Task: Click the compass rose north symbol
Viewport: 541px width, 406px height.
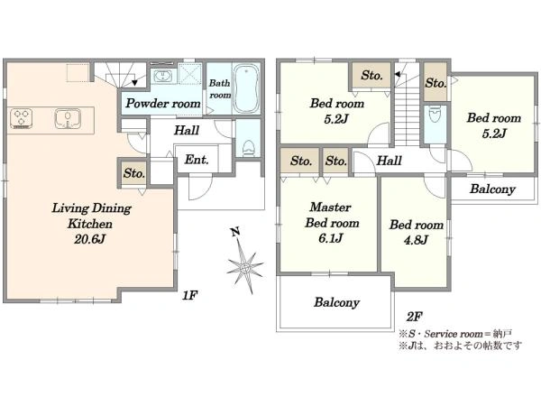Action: coord(244,262)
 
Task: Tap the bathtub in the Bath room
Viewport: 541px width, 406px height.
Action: coord(246,88)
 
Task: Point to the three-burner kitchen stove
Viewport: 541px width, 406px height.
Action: coord(22,118)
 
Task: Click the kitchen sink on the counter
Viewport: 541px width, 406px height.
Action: coord(68,118)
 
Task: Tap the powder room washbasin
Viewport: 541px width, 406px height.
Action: coord(161,76)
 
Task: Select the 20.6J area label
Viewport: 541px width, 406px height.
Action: coord(89,239)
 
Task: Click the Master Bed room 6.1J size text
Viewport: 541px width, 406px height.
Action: coord(331,238)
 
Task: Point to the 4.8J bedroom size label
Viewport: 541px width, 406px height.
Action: coord(416,240)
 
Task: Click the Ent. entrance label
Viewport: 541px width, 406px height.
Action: coord(197,160)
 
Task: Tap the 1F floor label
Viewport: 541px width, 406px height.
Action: coord(189,295)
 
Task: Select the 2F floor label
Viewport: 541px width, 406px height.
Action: coord(415,317)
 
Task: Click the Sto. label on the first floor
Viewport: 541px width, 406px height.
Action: coord(134,173)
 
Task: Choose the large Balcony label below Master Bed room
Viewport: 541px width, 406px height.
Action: coord(336,302)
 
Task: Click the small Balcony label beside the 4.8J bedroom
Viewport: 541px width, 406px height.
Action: coord(492,189)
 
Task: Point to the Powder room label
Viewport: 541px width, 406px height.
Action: coord(163,103)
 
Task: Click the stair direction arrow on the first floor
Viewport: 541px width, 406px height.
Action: coord(134,82)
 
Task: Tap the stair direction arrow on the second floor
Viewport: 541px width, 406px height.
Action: coord(398,74)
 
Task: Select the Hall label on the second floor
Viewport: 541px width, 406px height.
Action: coord(390,161)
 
